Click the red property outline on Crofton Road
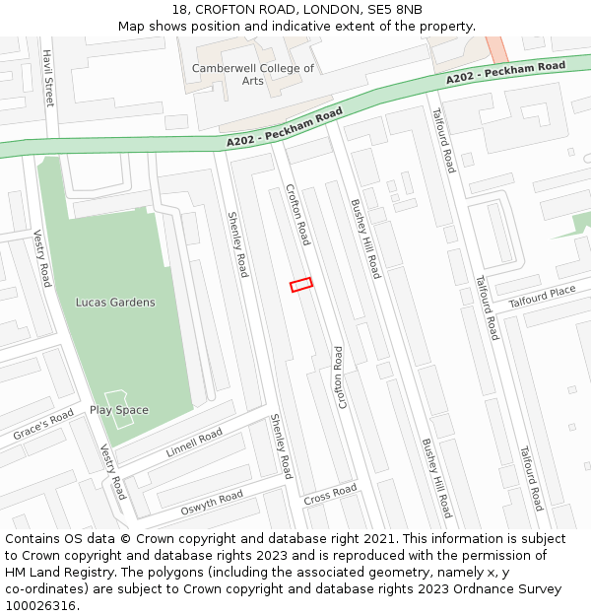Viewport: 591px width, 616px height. tap(301, 285)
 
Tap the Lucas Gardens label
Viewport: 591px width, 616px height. tap(115, 303)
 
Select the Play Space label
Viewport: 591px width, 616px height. tap(119, 410)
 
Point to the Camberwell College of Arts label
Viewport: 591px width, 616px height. tap(253, 74)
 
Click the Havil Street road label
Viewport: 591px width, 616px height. tap(47, 79)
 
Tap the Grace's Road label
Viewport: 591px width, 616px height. tap(43, 425)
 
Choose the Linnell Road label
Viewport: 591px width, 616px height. tap(194, 444)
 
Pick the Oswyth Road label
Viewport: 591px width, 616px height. tap(211, 503)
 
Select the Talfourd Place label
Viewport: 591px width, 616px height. tap(542, 297)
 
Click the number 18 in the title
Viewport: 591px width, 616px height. tap(178, 10)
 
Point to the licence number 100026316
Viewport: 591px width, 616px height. tap(40, 606)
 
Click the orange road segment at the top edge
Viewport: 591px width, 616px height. tap(496, 47)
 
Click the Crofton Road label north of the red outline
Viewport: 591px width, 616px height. tap(297, 214)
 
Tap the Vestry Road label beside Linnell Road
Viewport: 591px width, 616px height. tap(113, 471)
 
